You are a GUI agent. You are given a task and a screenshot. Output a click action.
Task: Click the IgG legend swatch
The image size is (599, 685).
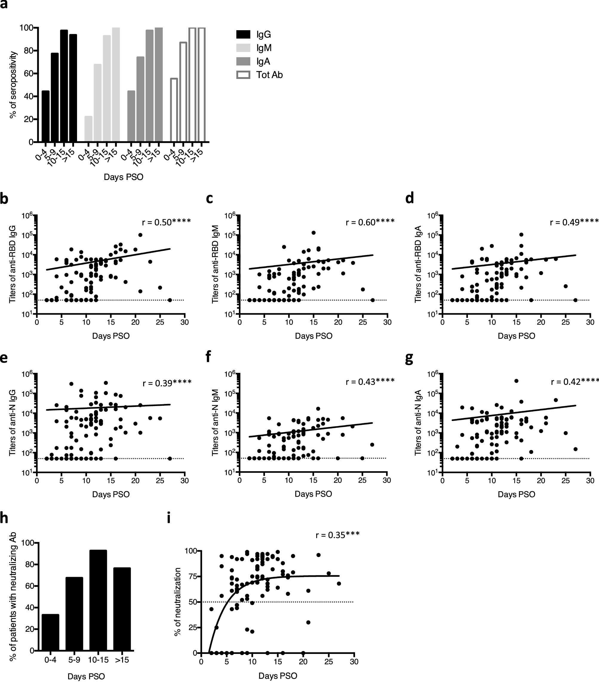243,34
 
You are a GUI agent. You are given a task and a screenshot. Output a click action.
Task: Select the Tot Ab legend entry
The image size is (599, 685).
259,75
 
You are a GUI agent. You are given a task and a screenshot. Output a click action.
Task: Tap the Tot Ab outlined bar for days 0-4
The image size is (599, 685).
174,110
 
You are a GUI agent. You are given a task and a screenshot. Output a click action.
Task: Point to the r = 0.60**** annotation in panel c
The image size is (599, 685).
370,222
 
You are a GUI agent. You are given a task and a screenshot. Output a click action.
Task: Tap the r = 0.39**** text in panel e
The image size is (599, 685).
167,383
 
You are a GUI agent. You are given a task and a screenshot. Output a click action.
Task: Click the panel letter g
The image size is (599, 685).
409,358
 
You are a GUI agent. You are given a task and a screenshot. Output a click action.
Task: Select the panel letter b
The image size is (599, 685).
4,199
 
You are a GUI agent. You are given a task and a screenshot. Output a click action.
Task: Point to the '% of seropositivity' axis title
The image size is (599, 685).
13,85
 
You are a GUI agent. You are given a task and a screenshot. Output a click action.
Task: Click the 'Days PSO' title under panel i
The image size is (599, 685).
278,676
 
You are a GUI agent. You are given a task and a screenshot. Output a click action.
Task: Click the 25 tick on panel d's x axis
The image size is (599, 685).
566,322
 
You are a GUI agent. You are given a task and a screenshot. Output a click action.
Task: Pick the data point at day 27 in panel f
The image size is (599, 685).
372,445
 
